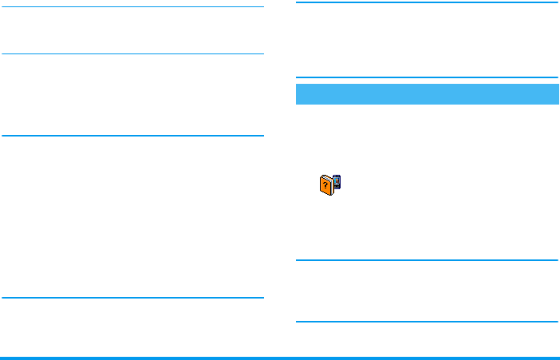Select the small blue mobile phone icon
point(337,183)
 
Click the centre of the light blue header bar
point(427,93)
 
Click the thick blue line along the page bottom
point(280,358)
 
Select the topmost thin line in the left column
point(132,8)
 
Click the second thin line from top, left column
point(132,54)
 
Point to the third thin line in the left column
point(132,136)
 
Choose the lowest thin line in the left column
point(132,298)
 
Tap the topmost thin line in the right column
point(427,3)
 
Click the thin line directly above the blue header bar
point(427,77)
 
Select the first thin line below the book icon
point(427,259)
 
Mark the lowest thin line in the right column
point(427,322)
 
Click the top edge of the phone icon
point(337,175)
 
